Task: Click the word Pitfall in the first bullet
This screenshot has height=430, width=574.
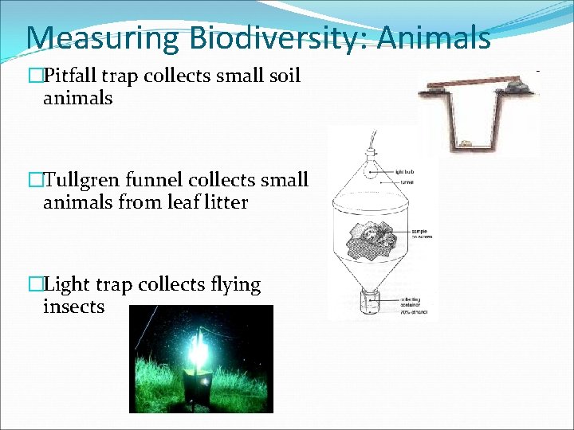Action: coord(71,76)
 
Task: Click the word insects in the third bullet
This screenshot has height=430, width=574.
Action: coord(73,307)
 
